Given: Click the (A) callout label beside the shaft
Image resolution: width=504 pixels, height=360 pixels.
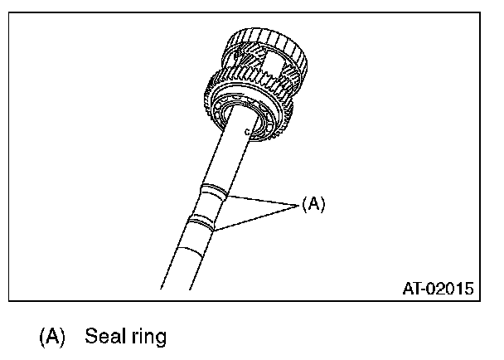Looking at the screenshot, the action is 313,204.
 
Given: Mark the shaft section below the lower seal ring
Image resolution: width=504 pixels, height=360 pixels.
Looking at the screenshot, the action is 191,253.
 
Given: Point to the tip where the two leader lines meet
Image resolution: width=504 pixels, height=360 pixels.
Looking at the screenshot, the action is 297,204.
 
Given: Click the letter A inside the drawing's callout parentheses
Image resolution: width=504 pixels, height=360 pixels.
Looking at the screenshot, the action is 313,204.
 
